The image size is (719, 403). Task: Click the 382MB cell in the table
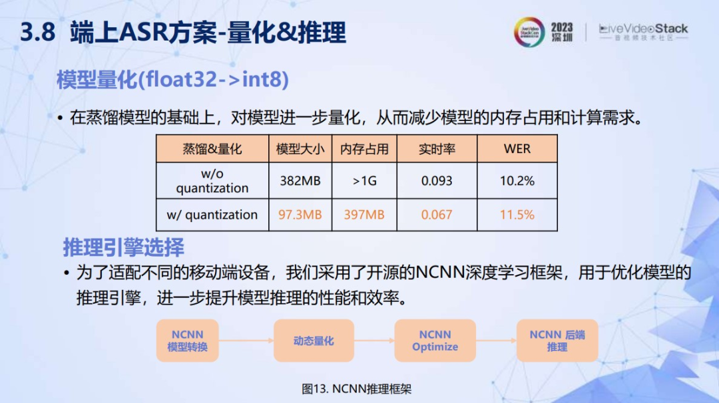point(300,181)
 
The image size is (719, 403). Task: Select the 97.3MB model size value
point(300,215)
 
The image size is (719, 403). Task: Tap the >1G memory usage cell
point(365,181)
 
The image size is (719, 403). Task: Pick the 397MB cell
point(365,215)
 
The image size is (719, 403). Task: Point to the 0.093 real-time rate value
point(437,181)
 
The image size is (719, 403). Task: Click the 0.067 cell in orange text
point(437,215)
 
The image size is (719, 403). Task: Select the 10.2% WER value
point(517,181)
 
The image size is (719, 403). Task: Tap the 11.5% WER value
point(517,215)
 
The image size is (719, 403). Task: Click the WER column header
point(517,149)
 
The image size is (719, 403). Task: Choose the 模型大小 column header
point(300,149)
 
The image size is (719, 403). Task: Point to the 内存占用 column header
point(365,149)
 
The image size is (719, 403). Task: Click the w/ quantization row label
point(212,215)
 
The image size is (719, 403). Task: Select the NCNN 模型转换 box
point(188,340)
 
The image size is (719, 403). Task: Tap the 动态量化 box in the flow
point(314,340)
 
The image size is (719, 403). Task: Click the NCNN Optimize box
point(435,340)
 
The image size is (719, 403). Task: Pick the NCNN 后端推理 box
point(557,340)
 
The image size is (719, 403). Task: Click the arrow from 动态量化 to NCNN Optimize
point(374,340)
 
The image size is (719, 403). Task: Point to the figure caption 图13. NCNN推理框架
point(357,389)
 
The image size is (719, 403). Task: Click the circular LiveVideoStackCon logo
point(529,32)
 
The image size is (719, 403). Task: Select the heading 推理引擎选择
point(124,248)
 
